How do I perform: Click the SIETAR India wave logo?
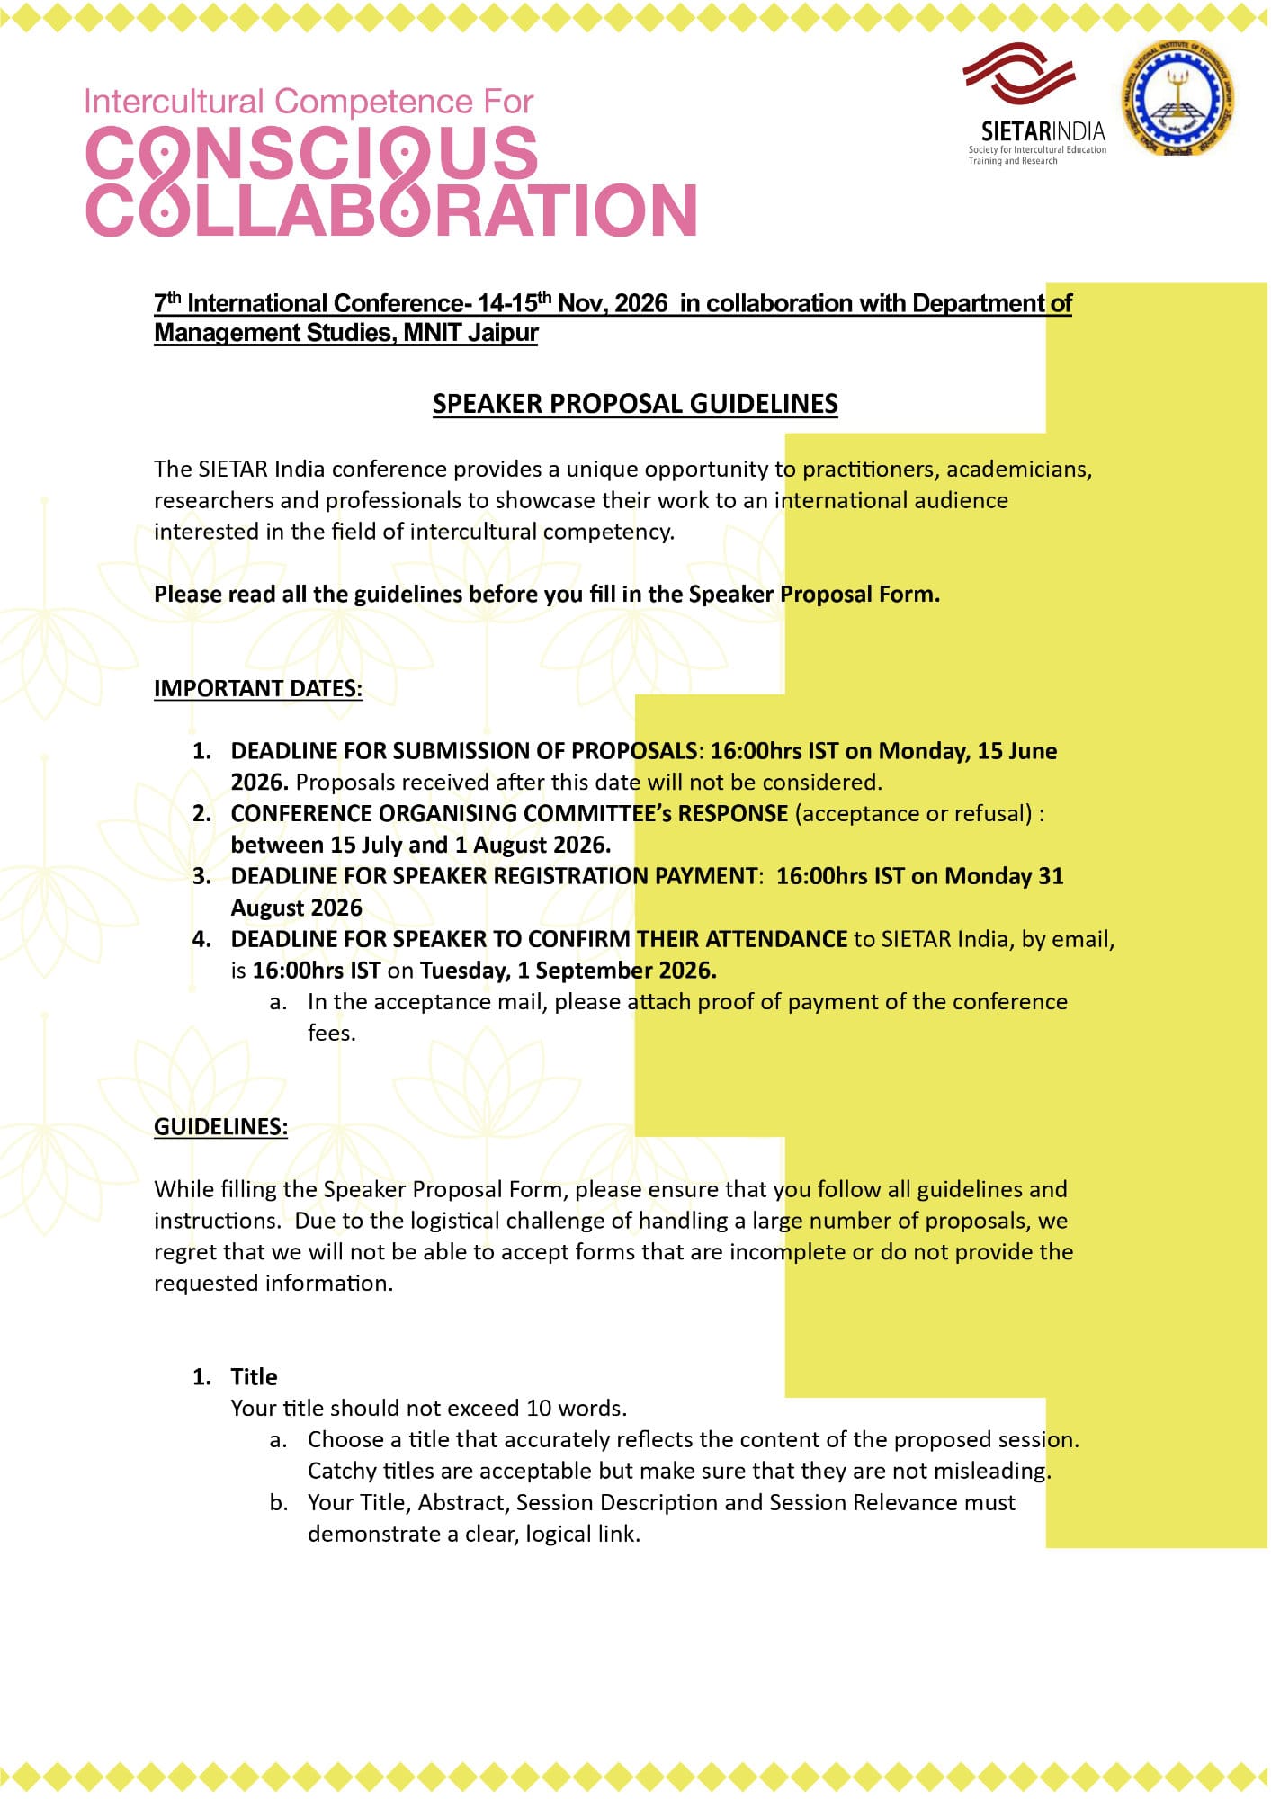1019,74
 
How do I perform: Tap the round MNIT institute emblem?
1177,99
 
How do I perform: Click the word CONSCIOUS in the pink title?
311,153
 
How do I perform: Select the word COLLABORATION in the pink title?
391,210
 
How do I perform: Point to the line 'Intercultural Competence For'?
309,102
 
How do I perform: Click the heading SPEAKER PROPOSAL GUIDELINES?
634,404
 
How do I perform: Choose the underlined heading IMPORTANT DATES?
258,688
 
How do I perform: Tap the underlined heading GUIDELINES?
220,1127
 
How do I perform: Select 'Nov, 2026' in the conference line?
613,303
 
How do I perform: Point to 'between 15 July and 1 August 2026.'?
420,846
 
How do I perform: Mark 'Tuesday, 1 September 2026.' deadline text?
568,971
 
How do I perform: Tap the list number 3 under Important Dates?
201,876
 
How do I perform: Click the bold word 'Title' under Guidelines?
254,1377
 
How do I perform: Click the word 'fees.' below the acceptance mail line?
331,1033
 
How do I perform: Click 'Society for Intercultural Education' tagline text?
1036,150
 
